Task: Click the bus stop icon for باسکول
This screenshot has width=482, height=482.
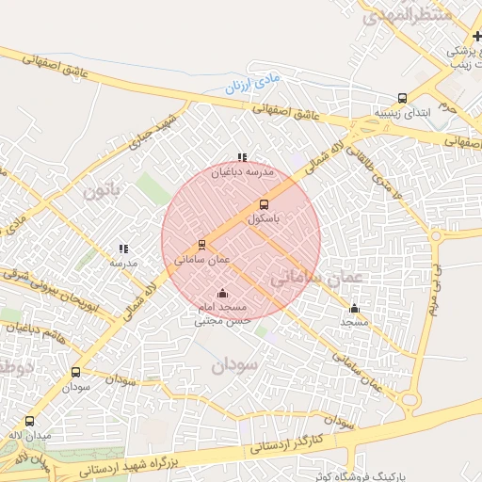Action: [x=263, y=203]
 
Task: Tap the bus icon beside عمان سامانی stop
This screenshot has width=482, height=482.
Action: [x=202, y=244]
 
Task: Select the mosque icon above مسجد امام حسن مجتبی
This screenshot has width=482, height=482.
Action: [x=222, y=293]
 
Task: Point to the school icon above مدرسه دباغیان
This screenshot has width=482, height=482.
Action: [x=242, y=158]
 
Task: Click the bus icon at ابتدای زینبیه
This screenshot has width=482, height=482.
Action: [x=403, y=98]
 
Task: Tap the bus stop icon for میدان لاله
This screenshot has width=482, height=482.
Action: [x=29, y=422]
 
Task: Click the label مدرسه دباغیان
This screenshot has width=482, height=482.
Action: [x=241, y=173]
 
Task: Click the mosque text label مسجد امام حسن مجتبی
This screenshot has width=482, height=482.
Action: [x=220, y=313]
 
